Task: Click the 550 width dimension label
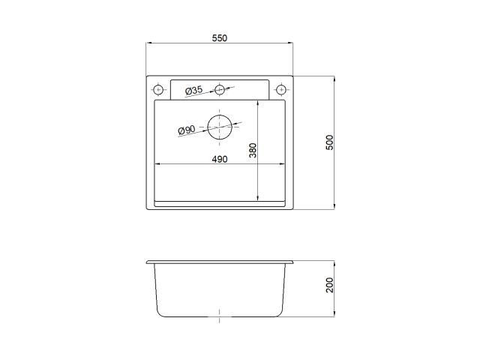click(220, 38)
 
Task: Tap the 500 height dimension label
click(330, 142)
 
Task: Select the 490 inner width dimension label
click(220, 159)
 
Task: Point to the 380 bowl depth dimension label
click(253, 150)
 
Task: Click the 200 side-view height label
click(330, 285)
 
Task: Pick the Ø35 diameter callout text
click(193, 90)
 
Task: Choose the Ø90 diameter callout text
click(187, 130)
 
